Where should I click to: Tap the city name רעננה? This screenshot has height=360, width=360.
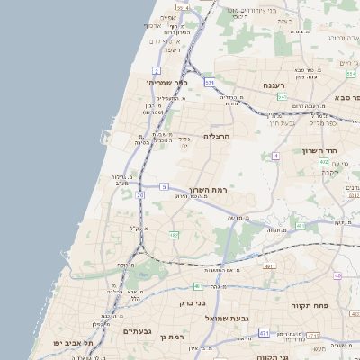(274, 84)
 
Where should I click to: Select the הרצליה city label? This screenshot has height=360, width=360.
(218, 136)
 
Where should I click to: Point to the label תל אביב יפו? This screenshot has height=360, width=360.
(76, 343)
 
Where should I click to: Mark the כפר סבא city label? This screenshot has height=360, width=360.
(346, 96)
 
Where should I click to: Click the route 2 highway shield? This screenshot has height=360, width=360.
(157, 69)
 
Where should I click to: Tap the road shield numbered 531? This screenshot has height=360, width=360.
(210, 82)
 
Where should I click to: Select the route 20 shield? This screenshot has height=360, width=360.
(140, 194)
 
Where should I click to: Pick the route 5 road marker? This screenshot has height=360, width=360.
(164, 186)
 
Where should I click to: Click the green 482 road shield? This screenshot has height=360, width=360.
(174, 236)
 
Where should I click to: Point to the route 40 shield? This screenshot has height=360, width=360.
(337, 275)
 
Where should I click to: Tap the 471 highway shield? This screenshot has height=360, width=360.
(264, 333)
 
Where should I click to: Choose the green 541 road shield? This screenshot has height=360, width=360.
(282, 96)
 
